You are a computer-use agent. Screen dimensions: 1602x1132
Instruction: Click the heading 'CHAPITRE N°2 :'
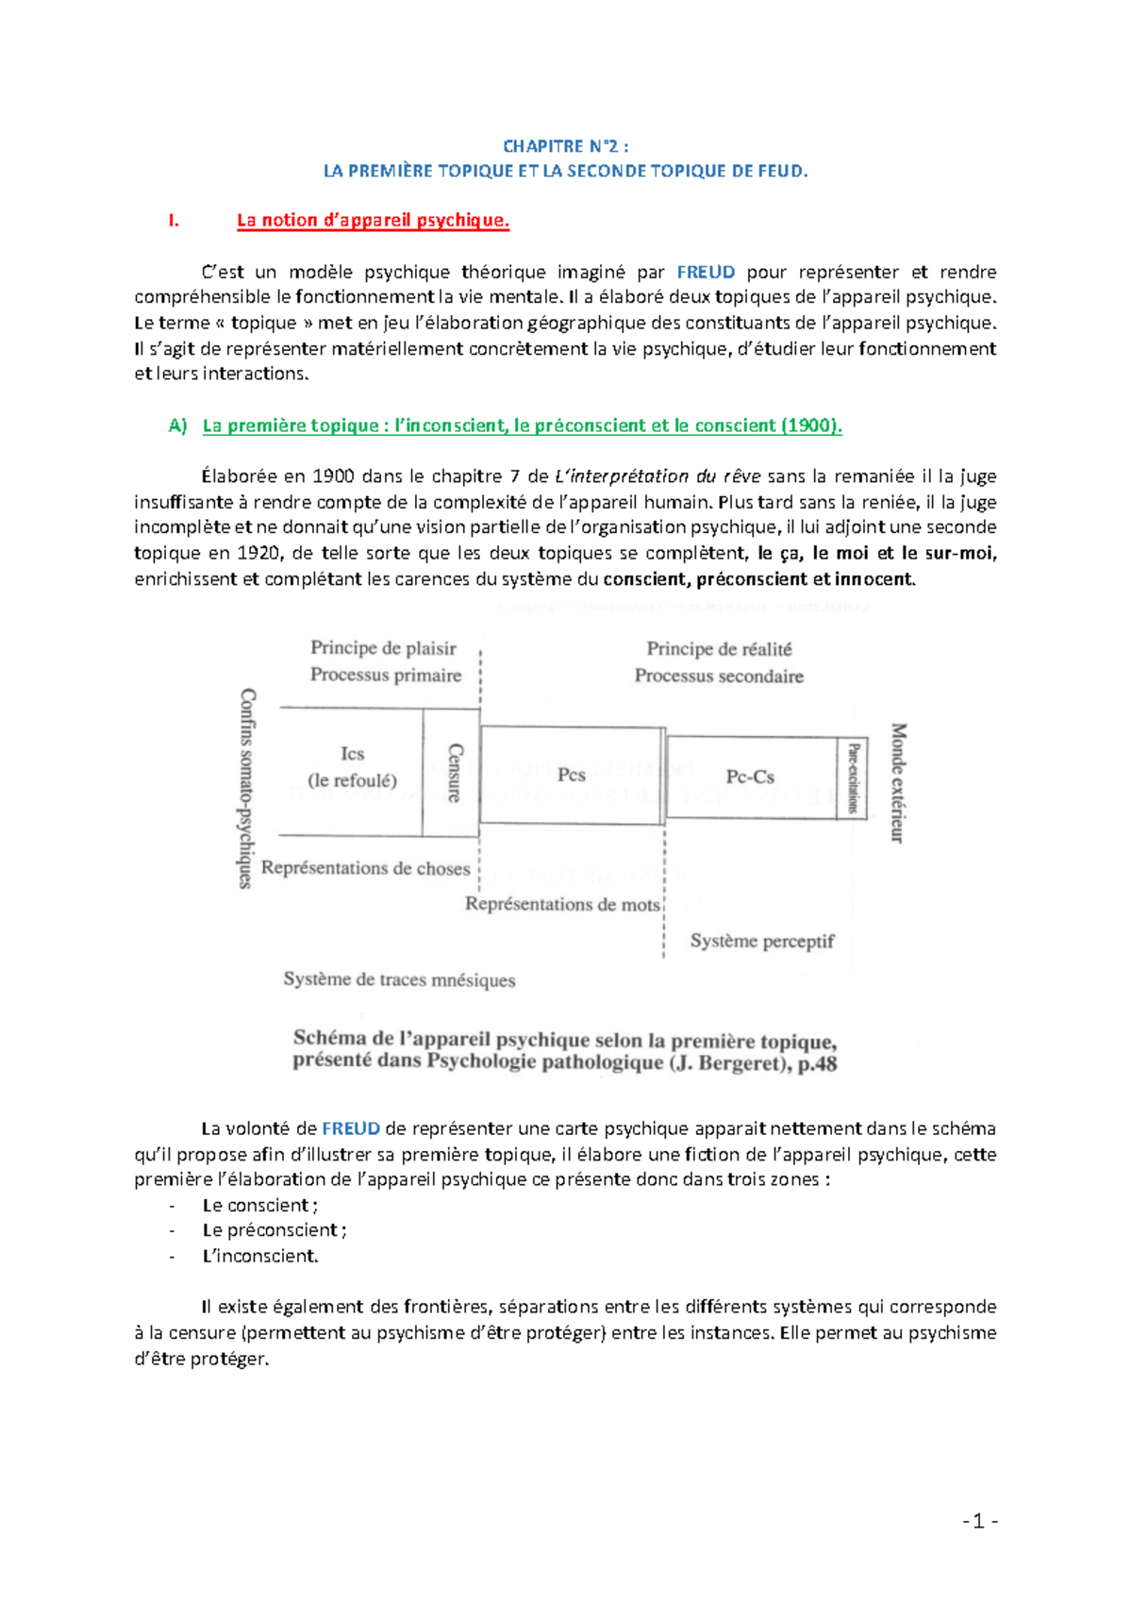[565, 146]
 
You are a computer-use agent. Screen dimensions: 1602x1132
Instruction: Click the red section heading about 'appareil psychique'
[373, 221]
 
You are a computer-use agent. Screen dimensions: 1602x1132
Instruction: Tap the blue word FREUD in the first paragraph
[706, 273]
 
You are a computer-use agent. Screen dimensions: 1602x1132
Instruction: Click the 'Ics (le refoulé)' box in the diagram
[352, 767]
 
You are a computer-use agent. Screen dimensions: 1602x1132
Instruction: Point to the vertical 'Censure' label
[454, 773]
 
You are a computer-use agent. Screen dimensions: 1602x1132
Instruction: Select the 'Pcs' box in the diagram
[572, 776]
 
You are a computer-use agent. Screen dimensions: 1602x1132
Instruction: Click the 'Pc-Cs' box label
[750, 777]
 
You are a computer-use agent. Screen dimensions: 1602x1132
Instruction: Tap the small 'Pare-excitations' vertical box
[852, 778]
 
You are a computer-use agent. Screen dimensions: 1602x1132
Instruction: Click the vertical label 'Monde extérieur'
[898, 783]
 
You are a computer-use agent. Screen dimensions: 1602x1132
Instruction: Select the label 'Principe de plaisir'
[383, 648]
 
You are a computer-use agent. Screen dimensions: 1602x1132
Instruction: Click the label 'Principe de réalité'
[719, 649]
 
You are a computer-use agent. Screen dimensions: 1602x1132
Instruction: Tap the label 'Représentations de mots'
[562, 905]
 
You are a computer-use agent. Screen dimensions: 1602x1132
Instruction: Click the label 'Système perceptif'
[761, 942]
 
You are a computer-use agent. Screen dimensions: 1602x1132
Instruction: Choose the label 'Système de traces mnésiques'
[399, 980]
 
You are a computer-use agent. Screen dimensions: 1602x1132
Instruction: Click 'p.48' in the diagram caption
[816, 1064]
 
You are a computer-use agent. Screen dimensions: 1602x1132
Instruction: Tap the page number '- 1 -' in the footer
[980, 1521]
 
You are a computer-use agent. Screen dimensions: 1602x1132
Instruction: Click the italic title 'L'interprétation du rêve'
[658, 476]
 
